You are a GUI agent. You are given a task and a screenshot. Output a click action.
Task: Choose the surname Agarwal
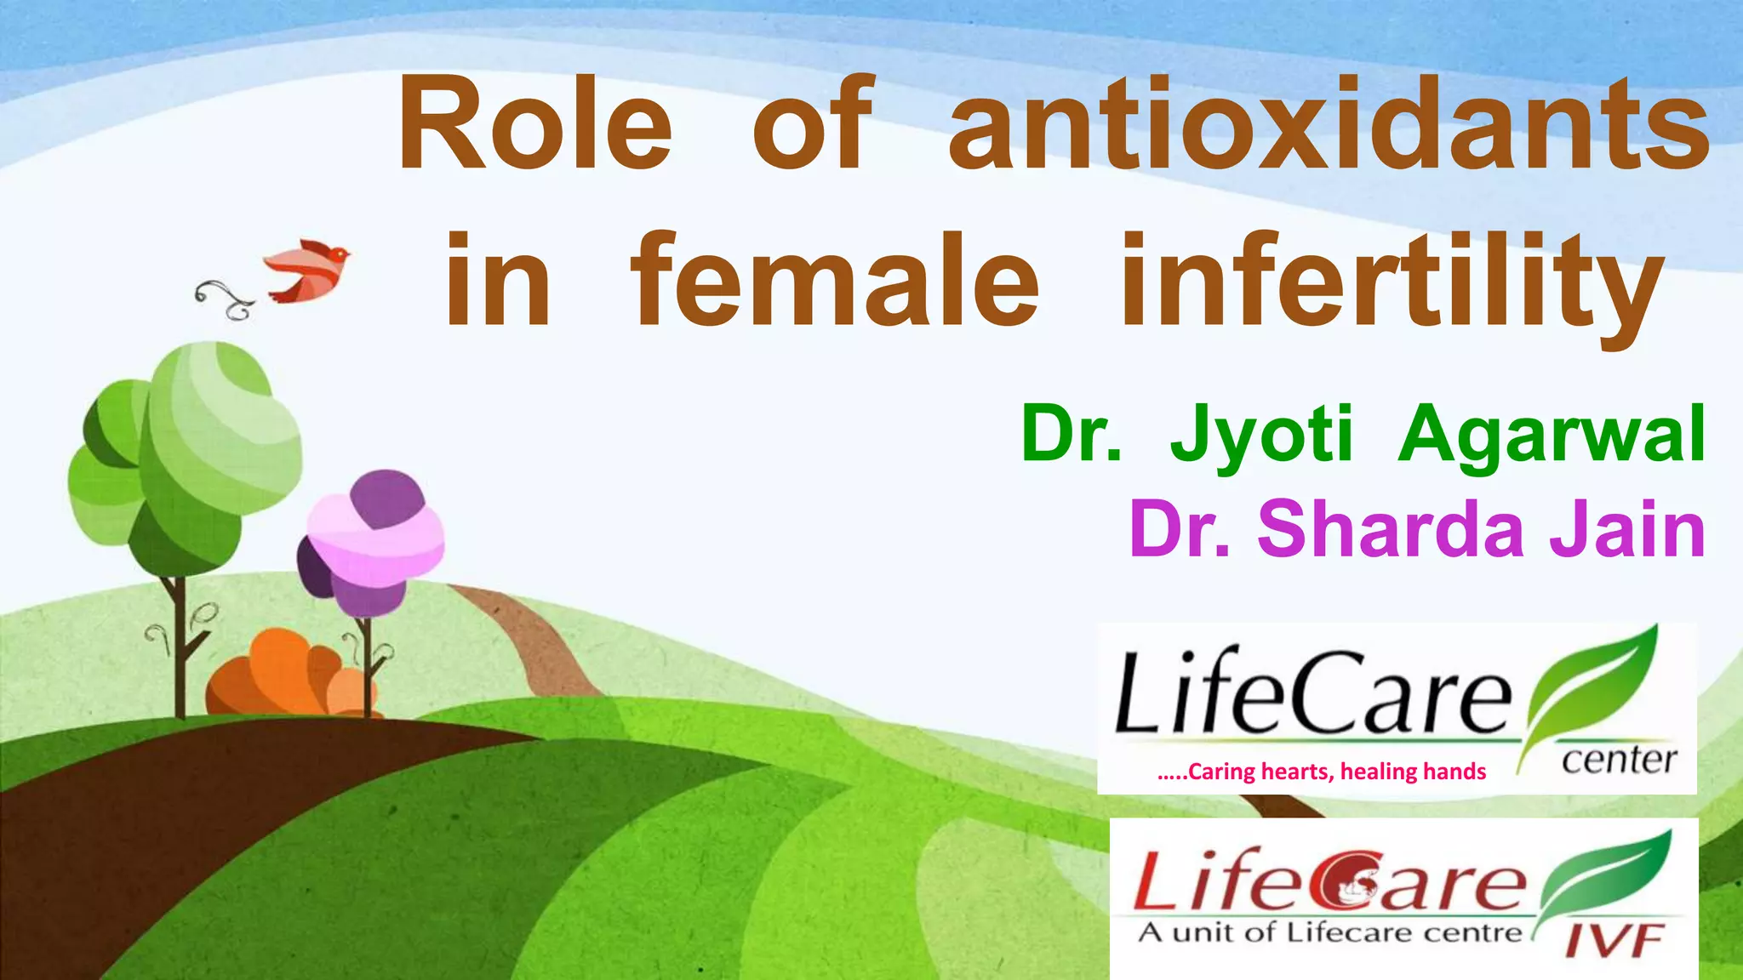pos(1551,436)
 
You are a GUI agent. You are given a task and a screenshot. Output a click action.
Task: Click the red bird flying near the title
pos(308,269)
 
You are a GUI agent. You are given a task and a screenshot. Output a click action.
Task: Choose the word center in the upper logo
pos(1619,759)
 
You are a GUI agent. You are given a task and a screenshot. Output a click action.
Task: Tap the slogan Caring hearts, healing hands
pos(1322,772)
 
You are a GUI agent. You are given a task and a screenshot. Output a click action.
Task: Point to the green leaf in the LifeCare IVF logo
pos(1604,876)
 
